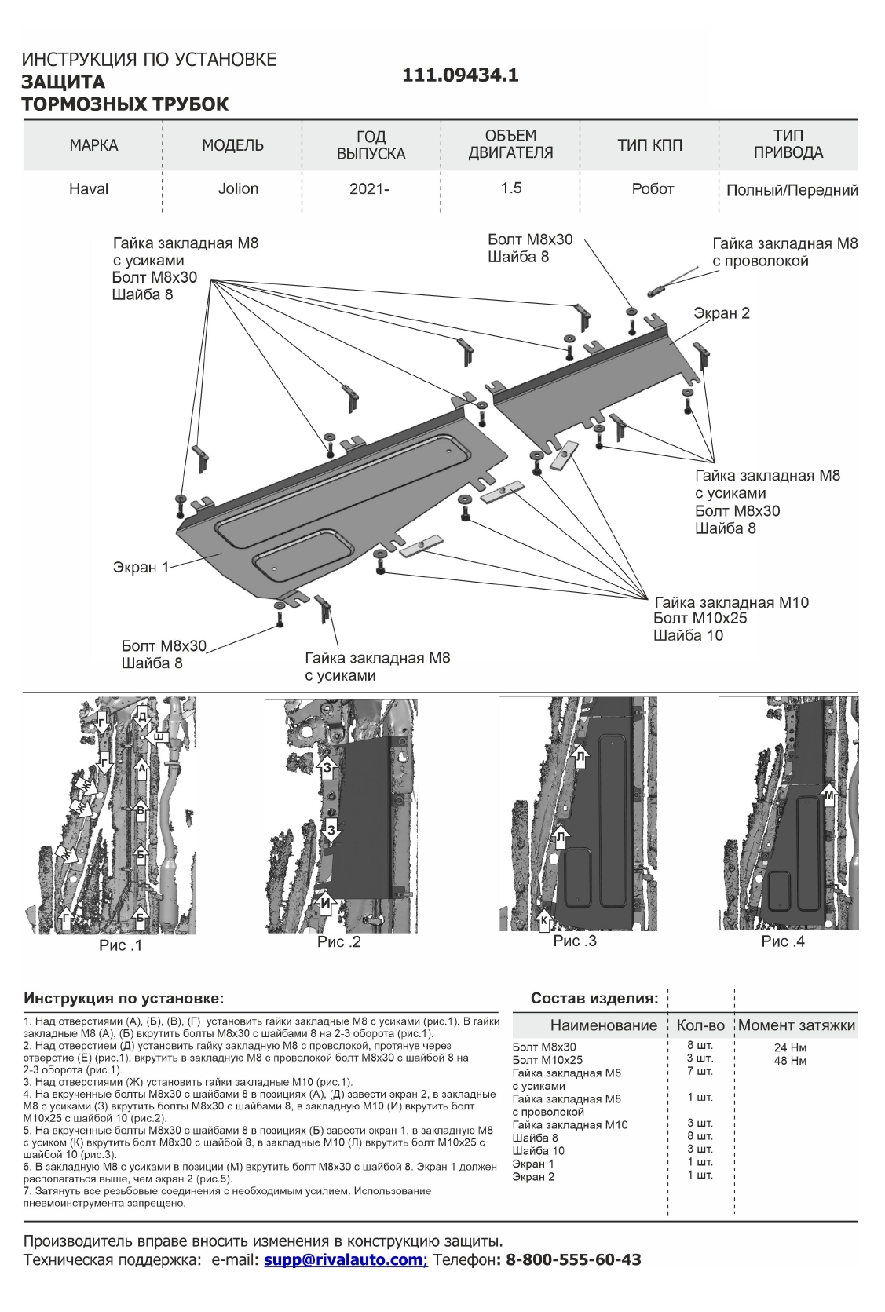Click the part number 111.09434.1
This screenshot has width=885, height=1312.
click(x=460, y=75)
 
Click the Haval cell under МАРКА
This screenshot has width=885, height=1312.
click(x=89, y=188)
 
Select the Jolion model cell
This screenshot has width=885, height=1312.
click(x=238, y=188)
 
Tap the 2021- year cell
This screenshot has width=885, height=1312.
click(x=369, y=189)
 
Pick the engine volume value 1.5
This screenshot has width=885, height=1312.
click(x=511, y=188)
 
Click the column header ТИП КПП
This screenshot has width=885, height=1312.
click(x=649, y=145)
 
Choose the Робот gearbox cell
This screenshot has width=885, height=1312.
click(x=653, y=188)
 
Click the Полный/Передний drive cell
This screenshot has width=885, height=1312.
click(x=792, y=190)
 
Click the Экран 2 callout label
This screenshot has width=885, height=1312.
click(x=721, y=313)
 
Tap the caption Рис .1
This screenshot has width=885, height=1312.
click(x=120, y=945)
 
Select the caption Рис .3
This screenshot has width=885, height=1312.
click(x=575, y=941)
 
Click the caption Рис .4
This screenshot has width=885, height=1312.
click(x=783, y=941)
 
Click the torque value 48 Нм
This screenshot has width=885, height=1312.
click(x=790, y=1061)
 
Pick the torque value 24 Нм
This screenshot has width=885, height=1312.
click(x=790, y=1047)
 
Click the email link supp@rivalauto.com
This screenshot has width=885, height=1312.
click(x=344, y=1260)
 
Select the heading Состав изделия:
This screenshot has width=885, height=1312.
click(x=594, y=999)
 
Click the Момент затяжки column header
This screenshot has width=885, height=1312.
click(x=796, y=1025)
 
